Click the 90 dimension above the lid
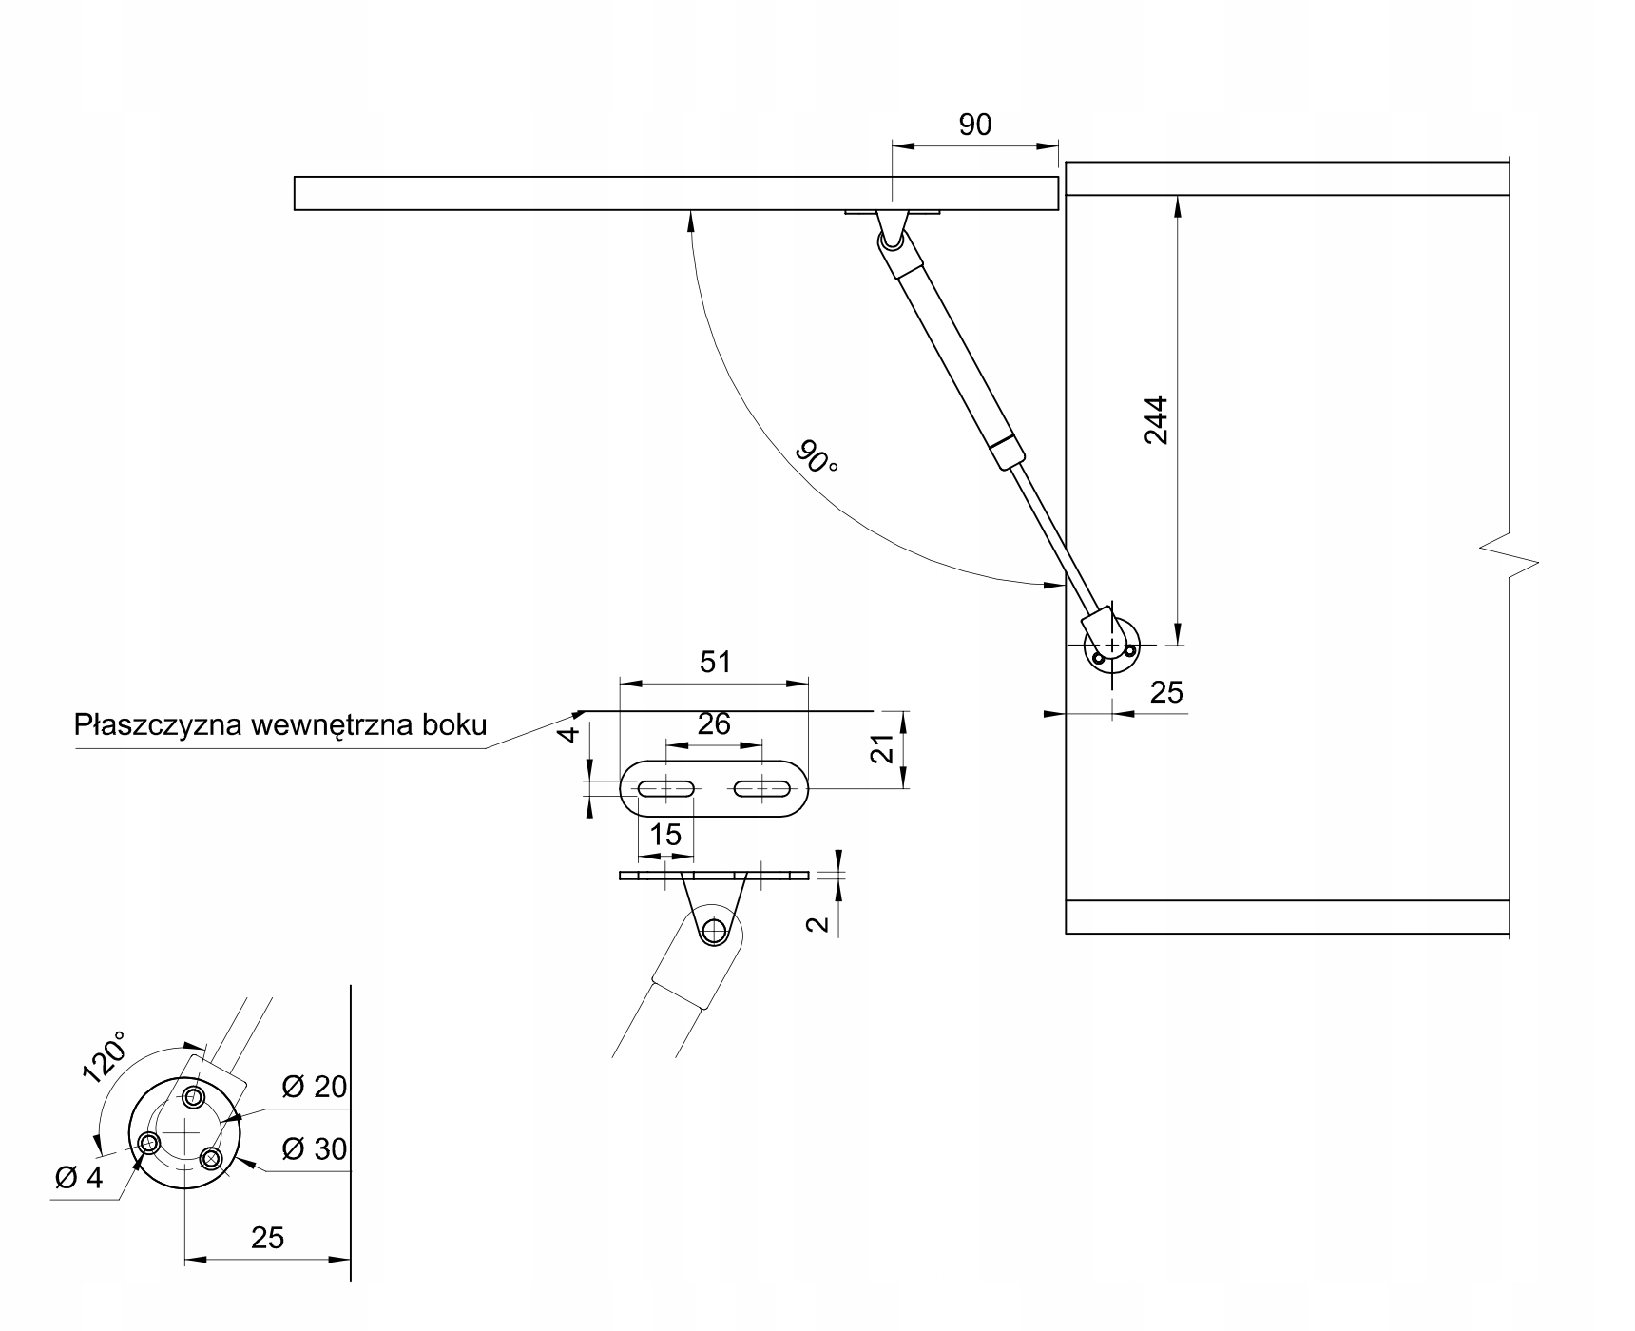[x=975, y=125]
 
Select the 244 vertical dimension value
[x=1156, y=419]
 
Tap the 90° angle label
[x=817, y=458]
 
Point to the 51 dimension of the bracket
[x=715, y=662]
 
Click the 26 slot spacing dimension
[x=714, y=724]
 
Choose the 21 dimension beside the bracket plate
[x=884, y=750]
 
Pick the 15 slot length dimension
[x=665, y=834]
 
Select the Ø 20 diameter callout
[x=316, y=1087]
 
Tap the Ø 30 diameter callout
[x=316, y=1149]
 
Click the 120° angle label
[x=105, y=1057]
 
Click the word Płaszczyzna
[x=157, y=725]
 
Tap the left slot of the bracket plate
[x=667, y=788]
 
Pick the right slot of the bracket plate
[x=760, y=788]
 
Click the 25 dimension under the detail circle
[x=268, y=1237]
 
